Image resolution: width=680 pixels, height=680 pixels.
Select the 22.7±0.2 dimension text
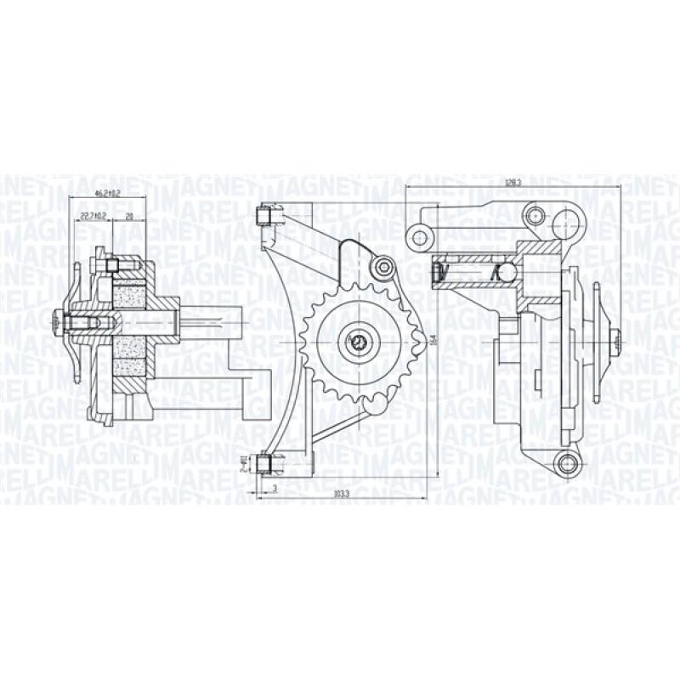[x=93, y=216]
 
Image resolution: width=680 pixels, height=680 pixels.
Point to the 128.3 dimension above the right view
[x=512, y=182]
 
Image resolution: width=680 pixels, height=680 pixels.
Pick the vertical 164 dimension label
[x=433, y=340]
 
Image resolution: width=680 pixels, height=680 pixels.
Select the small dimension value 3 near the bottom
[x=275, y=488]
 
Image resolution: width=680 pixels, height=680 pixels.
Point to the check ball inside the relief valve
[x=506, y=273]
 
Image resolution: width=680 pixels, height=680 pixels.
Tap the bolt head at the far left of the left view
[x=58, y=321]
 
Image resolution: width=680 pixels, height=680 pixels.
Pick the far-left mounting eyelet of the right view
[x=418, y=235]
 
